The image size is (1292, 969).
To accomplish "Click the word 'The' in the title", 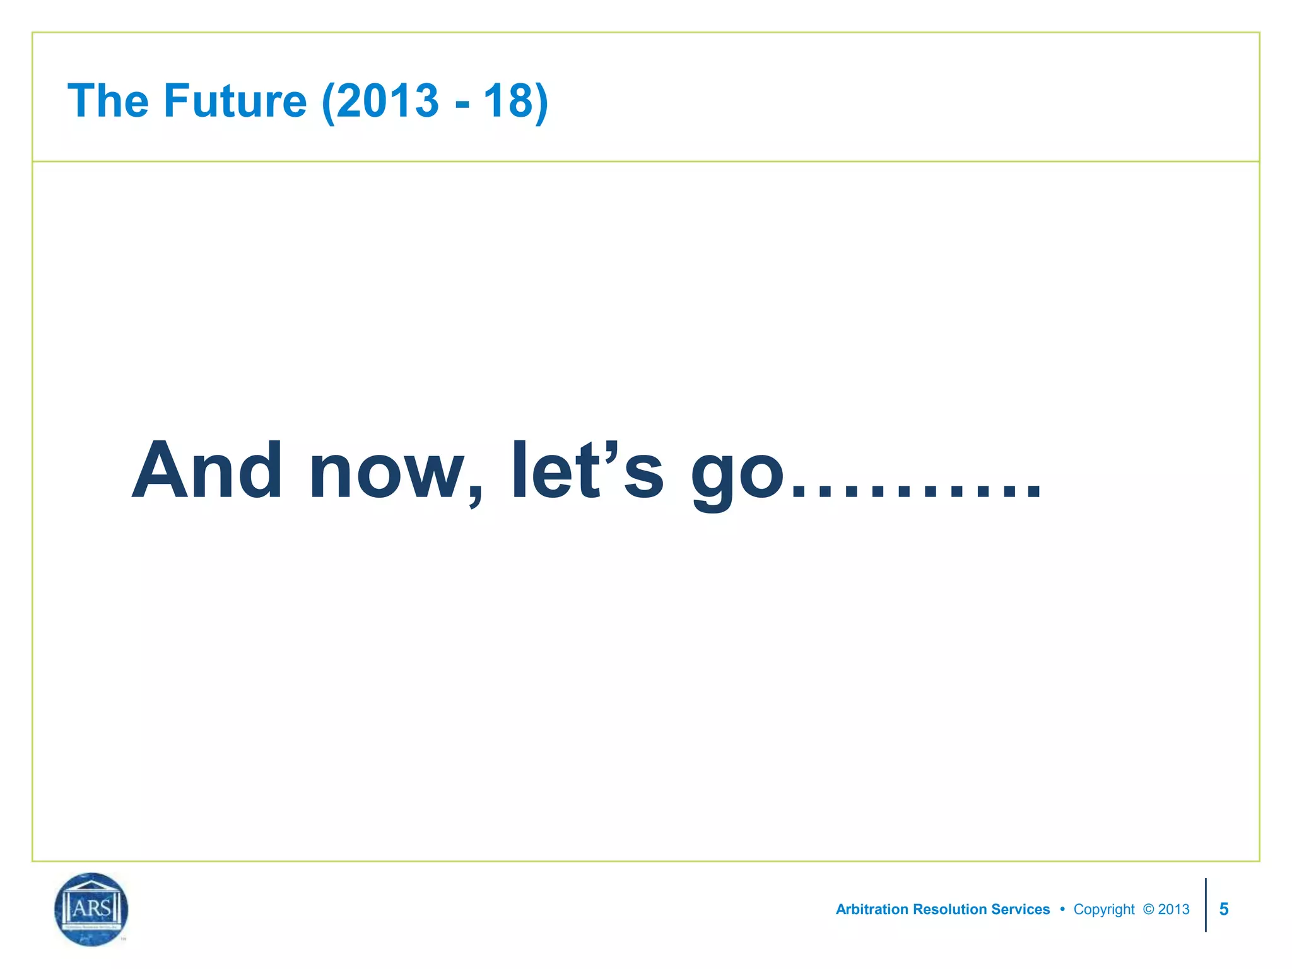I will click(x=108, y=101).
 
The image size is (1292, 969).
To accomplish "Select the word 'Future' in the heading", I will click(x=235, y=101).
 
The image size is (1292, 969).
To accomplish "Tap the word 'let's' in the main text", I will click(x=587, y=471).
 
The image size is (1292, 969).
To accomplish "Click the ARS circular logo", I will click(x=91, y=909).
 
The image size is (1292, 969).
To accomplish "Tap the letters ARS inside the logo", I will click(x=91, y=908).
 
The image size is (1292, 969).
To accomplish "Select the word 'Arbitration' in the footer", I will click(x=872, y=909).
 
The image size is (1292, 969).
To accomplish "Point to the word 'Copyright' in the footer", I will click(x=1104, y=909).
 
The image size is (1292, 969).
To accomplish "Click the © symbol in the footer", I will click(x=1148, y=909).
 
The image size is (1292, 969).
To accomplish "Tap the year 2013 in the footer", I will click(x=1174, y=909).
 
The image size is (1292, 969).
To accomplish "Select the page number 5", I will click(x=1224, y=909).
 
